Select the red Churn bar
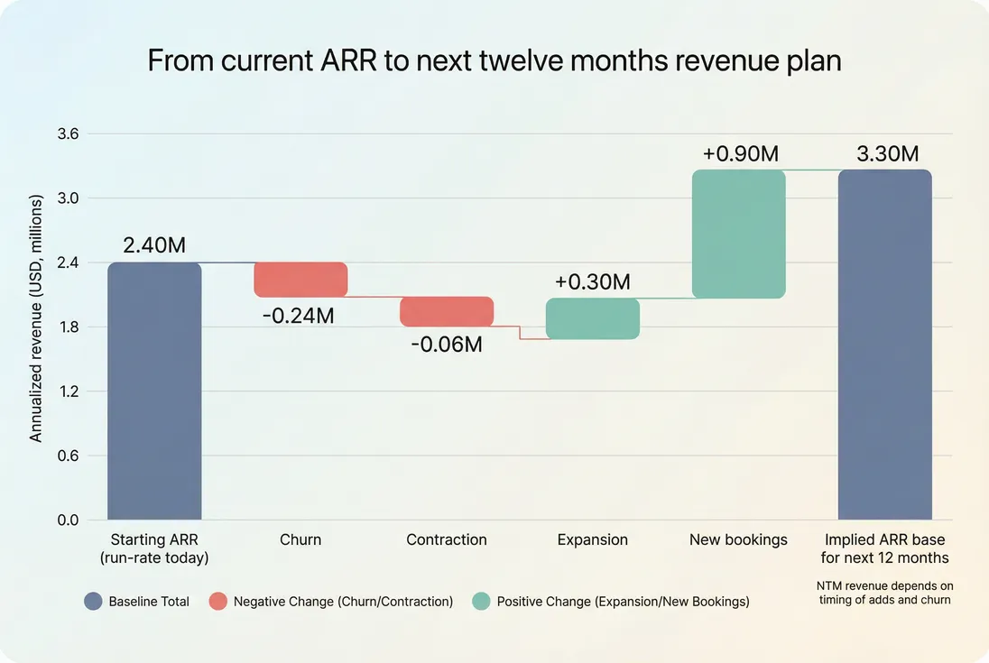(300, 280)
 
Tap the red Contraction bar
(447, 311)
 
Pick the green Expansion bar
(593, 318)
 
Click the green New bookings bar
(739, 234)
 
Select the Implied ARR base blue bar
(884, 345)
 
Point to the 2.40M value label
(154, 244)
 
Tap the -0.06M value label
(447, 345)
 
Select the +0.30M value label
(593, 281)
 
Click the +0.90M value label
(740, 153)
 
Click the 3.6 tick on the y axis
(69, 134)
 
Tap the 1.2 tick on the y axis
(69, 391)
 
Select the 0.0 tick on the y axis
(69, 520)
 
